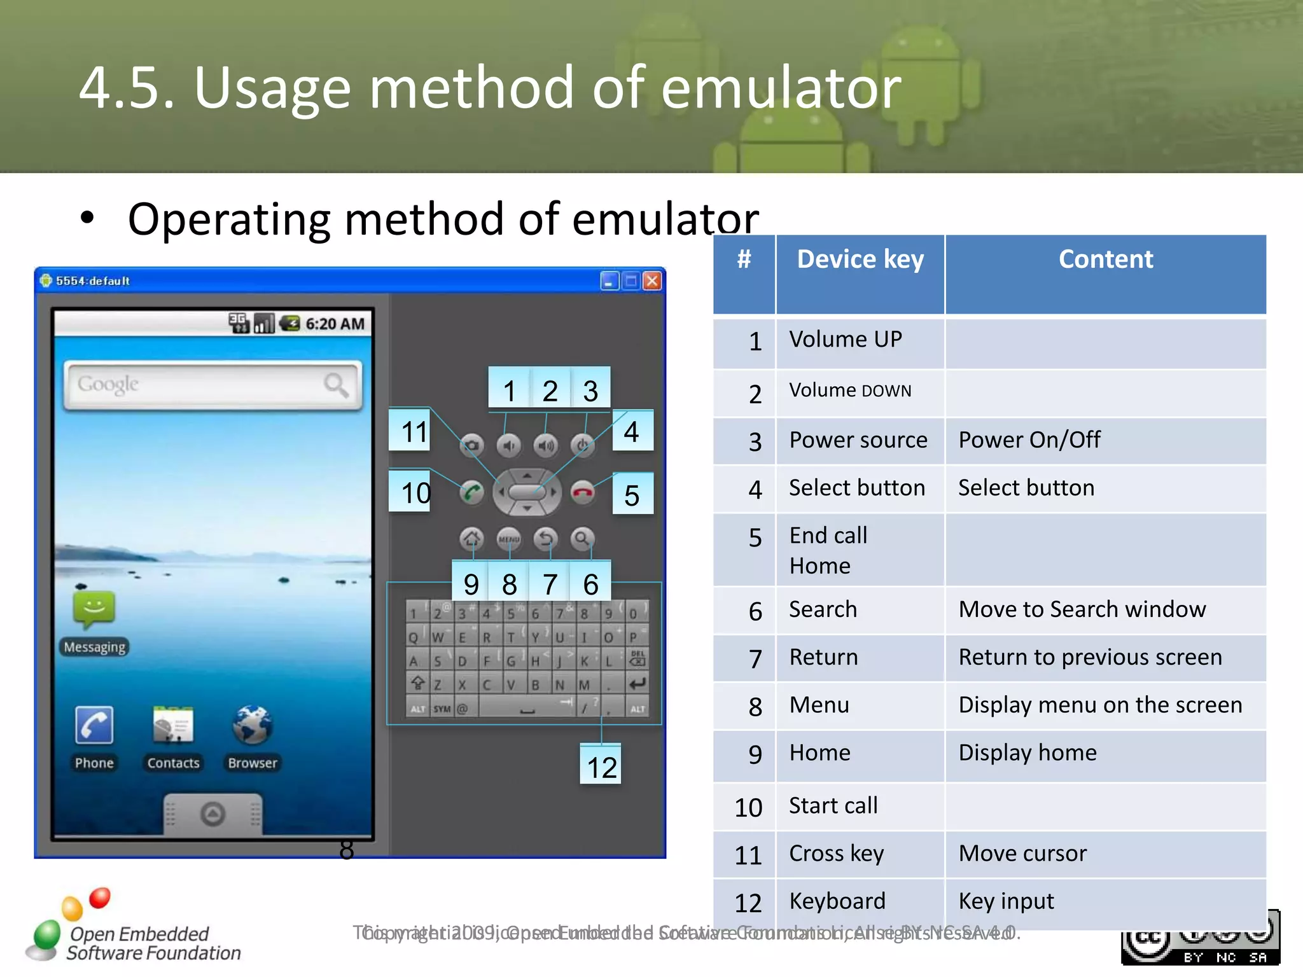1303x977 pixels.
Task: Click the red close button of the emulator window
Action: pos(651,281)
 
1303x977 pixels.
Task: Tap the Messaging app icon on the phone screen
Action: pos(94,609)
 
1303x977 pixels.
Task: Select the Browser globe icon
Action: pos(252,724)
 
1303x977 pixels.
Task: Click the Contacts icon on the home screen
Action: pos(172,724)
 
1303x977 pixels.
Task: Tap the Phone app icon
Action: pos(94,724)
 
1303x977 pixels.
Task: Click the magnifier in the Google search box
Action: pos(335,384)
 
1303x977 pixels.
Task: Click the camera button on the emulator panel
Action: pos(471,445)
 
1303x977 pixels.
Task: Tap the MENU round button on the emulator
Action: pos(508,539)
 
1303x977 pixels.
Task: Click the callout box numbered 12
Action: pos(601,766)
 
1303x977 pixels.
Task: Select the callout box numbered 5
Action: pos(632,494)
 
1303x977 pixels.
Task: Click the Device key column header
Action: pos(860,260)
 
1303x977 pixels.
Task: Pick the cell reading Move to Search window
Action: pos(1082,609)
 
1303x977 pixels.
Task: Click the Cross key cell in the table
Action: pos(836,854)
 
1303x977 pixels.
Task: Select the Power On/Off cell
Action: pos(1029,440)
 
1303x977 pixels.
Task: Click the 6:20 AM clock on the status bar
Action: pos(335,324)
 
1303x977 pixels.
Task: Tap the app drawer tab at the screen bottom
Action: pos(213,814)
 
